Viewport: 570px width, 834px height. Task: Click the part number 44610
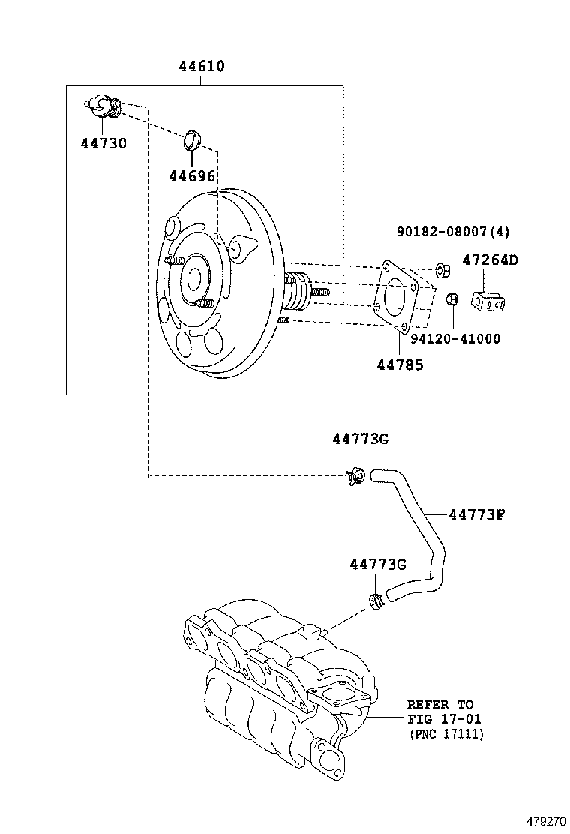coord(202,67)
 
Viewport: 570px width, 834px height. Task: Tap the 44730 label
coord(103,143)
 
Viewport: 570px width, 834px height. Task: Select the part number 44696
coord(192,176)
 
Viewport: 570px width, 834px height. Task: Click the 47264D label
coord(490,260)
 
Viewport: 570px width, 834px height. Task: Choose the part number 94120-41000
coord(455,339)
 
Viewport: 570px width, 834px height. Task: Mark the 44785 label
coord(400,364)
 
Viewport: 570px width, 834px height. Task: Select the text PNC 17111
coord(446,734)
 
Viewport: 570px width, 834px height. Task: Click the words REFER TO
coord(440,705)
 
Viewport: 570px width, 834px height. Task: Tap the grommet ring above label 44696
coord(194,139)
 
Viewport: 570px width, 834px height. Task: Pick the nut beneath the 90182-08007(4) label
coord(442,269)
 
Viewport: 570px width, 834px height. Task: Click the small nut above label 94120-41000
coord(452,299)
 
